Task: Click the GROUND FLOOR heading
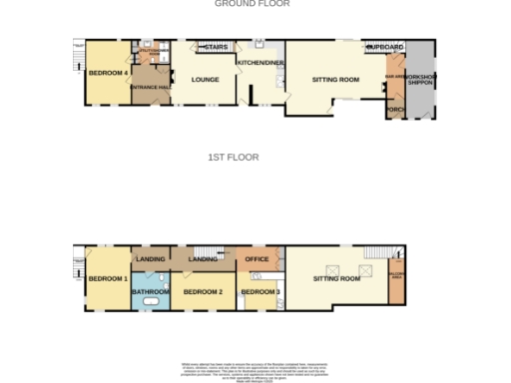[x=253, y=4]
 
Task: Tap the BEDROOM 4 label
[x=106, y=73]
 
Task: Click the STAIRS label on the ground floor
[x=216, y=46]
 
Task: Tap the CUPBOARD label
[x=385, y=46]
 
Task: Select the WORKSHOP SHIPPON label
[x=418, y=79]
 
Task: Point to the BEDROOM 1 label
[x=106, y=278]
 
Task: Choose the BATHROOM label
[x=152, y=291]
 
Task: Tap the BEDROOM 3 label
[x=258, y=291]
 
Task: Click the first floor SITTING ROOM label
[x=336, y=278]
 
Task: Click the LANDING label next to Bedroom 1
[x=150, y=259]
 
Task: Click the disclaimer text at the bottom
[x=254, y=368]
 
